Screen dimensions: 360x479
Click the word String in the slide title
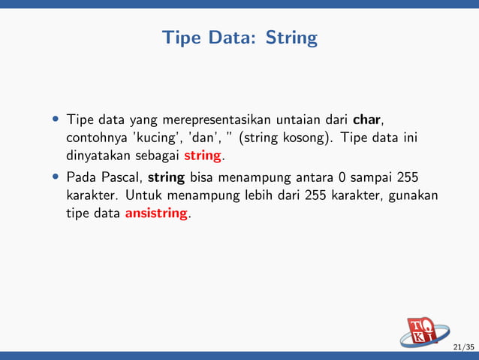[291, 38]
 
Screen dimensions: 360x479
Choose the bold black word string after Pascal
[167, 178]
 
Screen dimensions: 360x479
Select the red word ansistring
[157, 214]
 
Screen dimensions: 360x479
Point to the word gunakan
[412, 196]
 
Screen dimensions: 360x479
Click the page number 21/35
[463, 347]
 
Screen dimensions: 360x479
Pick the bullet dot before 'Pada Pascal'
[56, 178]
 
